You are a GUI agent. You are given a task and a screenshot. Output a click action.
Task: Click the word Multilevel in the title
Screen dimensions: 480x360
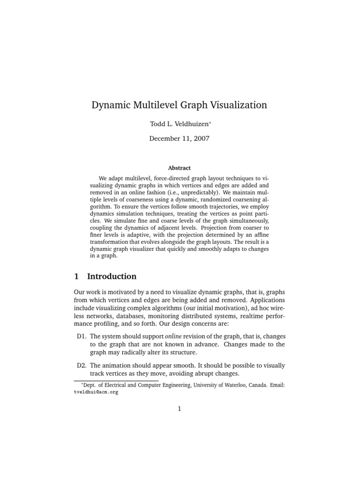click(150, 105)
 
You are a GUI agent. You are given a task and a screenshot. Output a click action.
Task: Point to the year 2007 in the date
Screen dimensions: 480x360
click(200, 139)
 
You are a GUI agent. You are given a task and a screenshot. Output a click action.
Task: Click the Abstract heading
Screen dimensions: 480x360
click(180, 168)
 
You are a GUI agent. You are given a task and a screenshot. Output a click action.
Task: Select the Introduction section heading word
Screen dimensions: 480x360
click(112, 276)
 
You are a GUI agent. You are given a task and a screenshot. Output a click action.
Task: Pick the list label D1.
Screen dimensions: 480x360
click(82, 336)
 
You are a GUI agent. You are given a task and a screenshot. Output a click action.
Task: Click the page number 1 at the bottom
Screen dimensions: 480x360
click(180, 409)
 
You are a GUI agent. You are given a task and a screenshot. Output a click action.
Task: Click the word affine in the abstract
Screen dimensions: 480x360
click(260, 234)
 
